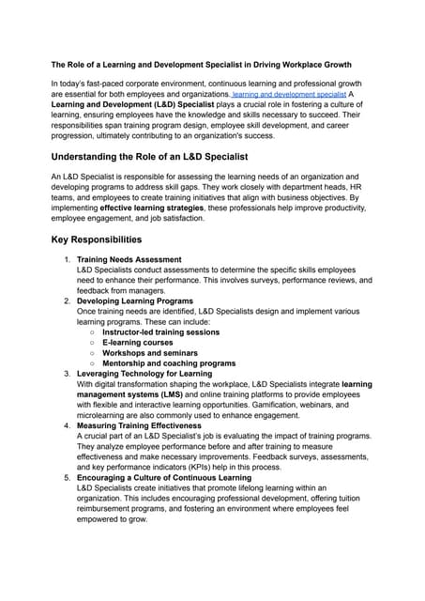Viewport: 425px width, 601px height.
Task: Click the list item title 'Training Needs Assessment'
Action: (129, 259)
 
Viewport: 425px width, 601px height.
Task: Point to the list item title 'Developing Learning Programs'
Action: (135, 301)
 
